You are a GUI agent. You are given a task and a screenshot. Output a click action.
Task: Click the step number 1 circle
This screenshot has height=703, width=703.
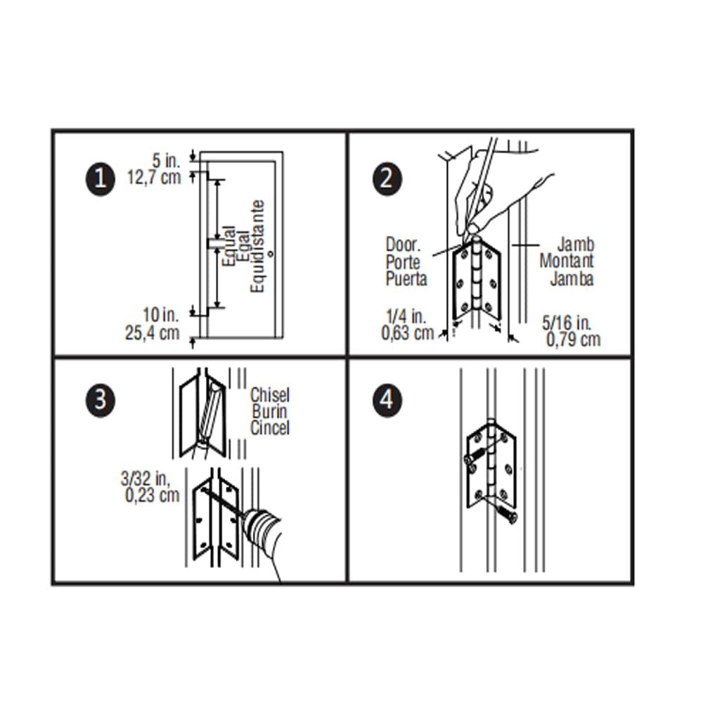99,179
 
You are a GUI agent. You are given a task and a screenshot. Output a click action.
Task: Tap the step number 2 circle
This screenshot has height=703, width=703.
385,179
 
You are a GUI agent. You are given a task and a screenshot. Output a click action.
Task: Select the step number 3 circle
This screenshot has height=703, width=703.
99,401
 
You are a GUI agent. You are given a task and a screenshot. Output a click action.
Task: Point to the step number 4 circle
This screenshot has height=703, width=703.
385,401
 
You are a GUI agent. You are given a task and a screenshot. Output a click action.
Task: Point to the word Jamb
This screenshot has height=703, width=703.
576,245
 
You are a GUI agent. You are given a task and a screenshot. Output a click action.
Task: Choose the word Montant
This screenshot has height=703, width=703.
567,261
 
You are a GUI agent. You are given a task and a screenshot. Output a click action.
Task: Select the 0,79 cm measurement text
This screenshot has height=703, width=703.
573,340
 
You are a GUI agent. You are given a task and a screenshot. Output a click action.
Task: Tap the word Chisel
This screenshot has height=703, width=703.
270,395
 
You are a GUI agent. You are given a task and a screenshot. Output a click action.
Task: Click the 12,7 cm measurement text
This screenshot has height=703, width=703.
153,176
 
